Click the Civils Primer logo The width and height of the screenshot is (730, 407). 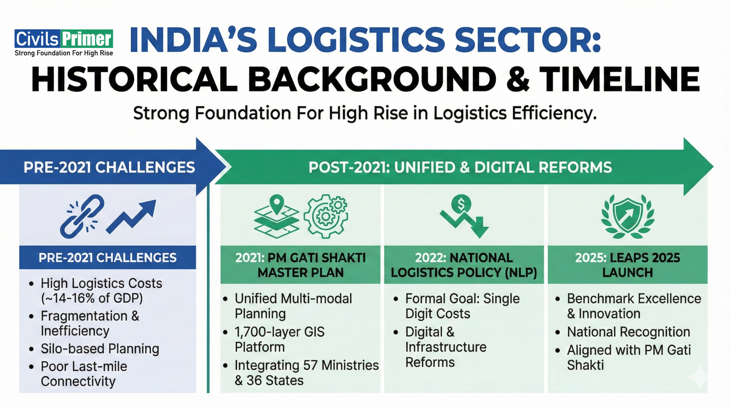64,42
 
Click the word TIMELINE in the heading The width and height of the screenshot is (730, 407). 619,80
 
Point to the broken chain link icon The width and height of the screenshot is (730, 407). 82,216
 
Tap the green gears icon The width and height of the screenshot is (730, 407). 327,216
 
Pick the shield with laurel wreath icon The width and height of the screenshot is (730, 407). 628,216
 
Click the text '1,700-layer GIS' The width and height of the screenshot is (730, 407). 280,332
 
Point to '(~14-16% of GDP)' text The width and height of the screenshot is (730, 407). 92,298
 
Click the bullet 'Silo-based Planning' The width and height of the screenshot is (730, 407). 100,349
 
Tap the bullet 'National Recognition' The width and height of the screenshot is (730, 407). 628,332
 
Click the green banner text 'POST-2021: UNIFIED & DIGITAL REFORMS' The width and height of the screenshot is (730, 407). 460,168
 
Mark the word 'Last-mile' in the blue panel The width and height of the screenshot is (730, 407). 99,366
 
